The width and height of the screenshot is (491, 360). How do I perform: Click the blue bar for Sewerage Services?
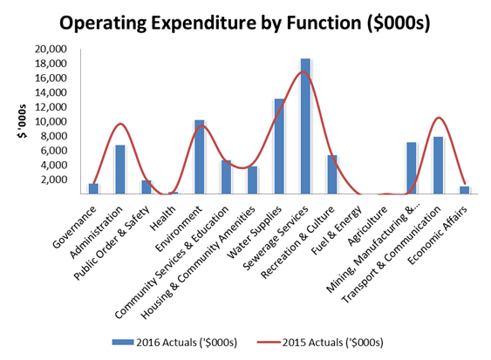[x=305, y=126]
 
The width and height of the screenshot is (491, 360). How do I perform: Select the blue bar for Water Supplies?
[x=279, y=146]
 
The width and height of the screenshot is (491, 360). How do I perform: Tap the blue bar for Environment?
[x=200, y=157]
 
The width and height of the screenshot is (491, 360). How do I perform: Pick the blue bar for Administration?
[x=120, y=169]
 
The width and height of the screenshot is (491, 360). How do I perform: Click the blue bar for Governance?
[x=93, y=189]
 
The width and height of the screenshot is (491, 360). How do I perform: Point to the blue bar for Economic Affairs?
[x=464, y=190]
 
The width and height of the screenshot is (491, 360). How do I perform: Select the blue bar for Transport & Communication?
[x=438, y=166]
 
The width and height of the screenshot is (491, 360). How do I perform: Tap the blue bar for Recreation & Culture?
[x=332, y=174]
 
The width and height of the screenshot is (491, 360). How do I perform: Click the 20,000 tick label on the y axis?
[x=51, y=49]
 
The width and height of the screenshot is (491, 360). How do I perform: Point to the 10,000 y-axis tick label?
[x=51, y=121]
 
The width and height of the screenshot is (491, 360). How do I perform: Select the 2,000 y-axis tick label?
[x=53, y=180]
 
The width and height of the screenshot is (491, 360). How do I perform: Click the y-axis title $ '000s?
[x=22, y=121]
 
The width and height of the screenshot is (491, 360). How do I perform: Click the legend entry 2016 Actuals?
[x=174, y=343]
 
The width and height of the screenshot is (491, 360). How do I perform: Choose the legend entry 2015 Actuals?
[x=320, y=343]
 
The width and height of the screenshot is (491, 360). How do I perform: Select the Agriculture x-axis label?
[x=368, y=226]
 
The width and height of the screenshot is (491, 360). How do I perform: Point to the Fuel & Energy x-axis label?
[x=337, y=230]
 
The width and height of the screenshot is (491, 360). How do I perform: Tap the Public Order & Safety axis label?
[x=111, y=243]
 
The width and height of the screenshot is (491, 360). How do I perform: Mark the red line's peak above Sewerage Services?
[x=303, y=71]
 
